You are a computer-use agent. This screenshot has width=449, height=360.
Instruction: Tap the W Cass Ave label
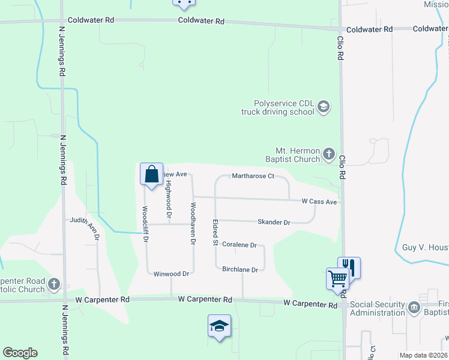(319, 202)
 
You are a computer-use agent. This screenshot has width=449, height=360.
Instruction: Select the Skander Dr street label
(274, 222)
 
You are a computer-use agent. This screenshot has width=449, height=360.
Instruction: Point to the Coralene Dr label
(240, 245)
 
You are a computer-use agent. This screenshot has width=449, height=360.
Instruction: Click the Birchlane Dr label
(240, 269)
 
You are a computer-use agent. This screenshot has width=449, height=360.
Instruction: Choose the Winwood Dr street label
(171, 274)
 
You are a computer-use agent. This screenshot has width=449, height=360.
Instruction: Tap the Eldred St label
(214, 232)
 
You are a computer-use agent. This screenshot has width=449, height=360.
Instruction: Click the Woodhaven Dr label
(193, 223)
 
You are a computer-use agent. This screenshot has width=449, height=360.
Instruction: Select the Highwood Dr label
(169, 200)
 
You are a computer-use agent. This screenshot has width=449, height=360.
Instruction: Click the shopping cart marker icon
(337, 278)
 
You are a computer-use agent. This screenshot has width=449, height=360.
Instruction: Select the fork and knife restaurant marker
(349, 267)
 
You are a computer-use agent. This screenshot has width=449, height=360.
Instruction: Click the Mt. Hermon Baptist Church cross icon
(328, 154)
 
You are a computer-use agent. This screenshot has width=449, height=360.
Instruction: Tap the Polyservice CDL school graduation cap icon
(324, 107)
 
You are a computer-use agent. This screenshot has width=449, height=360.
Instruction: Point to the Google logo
(20, 353)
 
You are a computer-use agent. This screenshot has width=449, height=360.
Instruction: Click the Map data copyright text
(423, 355)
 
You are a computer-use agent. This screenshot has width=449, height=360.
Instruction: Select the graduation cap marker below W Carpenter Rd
(219, 326)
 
